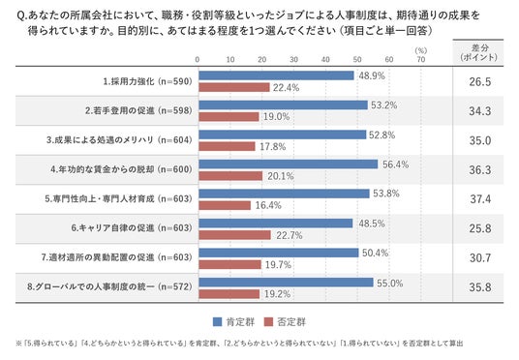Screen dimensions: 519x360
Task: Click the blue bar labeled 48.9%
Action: point(276,75)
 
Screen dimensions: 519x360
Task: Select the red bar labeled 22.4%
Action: point(234,87)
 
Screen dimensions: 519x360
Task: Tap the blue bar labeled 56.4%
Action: point(289,165)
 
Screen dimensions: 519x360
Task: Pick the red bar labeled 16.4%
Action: point(225,205)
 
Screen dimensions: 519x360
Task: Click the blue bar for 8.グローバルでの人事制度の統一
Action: point(286,283)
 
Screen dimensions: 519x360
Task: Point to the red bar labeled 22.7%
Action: point(234,235)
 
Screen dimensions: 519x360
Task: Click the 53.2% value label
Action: point(384,105)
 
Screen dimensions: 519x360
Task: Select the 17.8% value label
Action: point(272,146)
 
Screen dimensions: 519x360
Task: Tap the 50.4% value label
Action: point(375,253)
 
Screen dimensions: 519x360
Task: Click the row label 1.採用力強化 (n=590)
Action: point(147,81)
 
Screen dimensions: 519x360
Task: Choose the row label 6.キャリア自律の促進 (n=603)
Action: point(132,228)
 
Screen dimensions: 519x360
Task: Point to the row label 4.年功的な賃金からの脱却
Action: point(103,169)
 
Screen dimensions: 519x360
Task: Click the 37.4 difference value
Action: point(480,199)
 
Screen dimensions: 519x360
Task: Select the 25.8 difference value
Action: point(480,228)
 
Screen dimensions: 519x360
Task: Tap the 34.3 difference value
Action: point(480,111)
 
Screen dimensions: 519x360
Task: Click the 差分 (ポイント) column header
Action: point(478,52)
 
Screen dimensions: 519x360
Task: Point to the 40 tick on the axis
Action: point(325,60)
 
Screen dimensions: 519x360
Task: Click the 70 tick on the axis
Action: point(420,60)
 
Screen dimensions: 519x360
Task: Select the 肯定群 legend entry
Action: point(233,322)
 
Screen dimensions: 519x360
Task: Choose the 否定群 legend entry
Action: point(285,322)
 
